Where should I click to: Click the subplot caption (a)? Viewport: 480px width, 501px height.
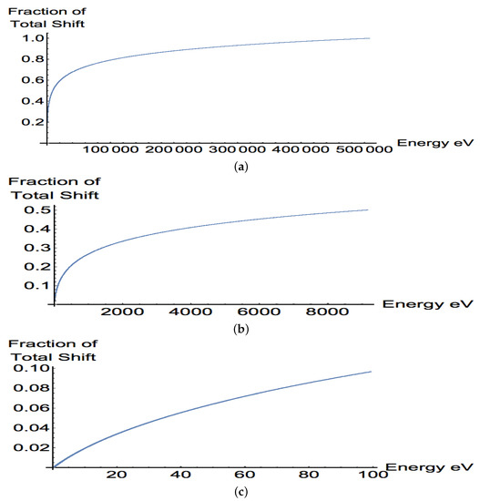[x=240, y=168]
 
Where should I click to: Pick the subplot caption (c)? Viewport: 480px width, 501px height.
[x=240, y=491]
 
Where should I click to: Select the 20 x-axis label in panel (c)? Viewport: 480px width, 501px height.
[x=114, y=475]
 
